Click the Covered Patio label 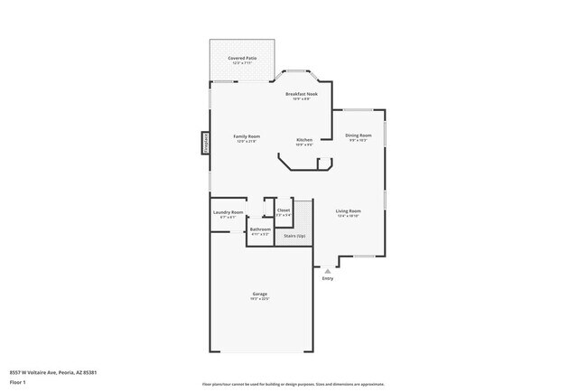242,58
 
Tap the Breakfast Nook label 301,94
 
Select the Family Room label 247,136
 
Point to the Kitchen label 305,140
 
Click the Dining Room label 359,135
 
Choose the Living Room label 349,211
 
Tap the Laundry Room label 228,212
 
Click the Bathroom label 260,230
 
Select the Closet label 284,210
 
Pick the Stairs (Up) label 294,236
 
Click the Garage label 259,294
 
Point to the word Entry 328,278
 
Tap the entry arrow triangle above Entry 328,269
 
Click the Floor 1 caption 18,382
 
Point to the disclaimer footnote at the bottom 293,384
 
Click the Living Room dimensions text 349,217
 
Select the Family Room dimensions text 247,142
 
